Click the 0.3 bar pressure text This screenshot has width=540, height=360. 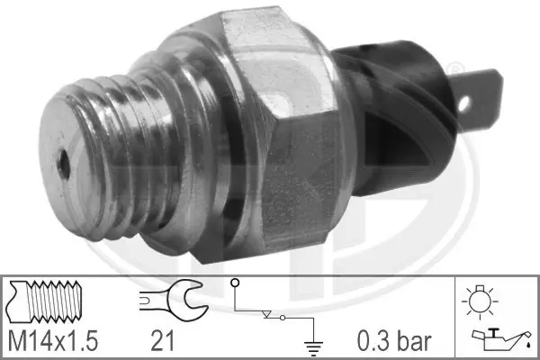(x=392, y=342)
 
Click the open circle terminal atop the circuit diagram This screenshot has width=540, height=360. (x=235, y=283)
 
